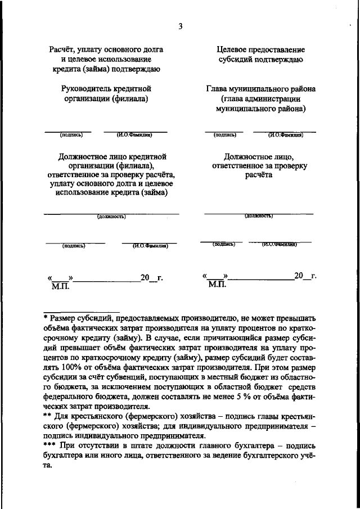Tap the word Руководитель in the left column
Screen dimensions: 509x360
pos(87,89)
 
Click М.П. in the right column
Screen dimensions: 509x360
pos(216,286)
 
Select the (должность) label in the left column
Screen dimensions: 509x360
pos(111,216)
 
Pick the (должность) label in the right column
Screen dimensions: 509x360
pos(259,215)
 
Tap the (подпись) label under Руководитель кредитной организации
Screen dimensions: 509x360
pos(71,135)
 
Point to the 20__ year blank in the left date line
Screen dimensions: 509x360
pos(148,277)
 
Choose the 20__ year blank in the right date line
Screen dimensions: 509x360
pos(301,276)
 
